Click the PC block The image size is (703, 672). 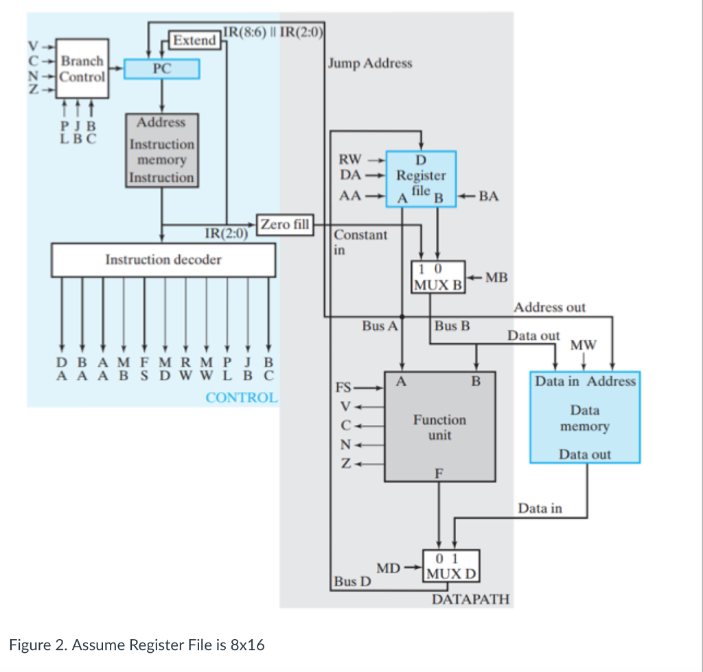tap(162, 69)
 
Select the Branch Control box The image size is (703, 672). tap(82, 68)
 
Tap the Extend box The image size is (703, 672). tap(194, 40)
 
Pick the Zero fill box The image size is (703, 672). tap(284, 224)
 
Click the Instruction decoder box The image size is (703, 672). tap(163, 259)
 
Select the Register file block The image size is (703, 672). tap(421, 177)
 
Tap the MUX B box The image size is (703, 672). tap(438, 277)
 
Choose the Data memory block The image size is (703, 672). tap(585, 417)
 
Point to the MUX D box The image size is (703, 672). tap(451, 566)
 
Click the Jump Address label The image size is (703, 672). tap(370, 63)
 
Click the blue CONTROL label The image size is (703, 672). tap(242, 397)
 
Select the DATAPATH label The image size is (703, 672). tap(471, 599)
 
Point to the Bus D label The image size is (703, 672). tap(351, 581)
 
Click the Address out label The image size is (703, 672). tap(549, 307)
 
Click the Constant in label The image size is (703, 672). tap(360, 241)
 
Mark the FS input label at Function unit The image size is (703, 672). tap(343, 387)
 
